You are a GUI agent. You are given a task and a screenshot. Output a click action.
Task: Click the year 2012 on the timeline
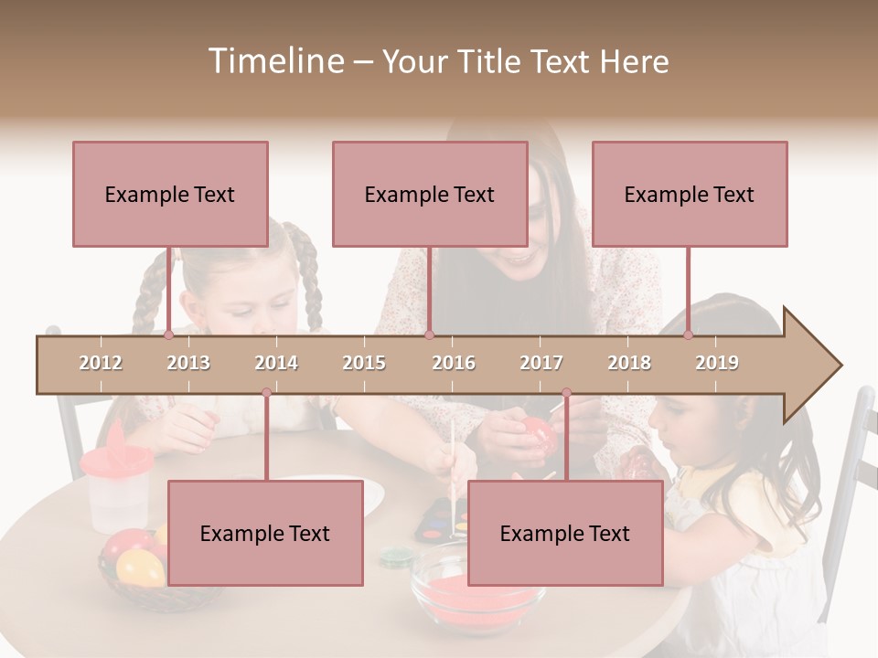101,363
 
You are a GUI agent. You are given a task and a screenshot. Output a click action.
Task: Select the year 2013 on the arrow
188,363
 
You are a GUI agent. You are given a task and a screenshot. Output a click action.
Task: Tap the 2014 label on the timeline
276,363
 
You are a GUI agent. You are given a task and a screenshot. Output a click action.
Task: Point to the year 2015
364,363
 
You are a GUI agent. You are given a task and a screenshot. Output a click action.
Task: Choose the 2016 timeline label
454,363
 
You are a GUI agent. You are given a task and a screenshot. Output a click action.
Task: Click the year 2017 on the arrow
541,363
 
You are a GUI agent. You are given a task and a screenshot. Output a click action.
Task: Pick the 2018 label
629,363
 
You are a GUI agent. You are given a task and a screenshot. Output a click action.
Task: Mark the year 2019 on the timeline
717,363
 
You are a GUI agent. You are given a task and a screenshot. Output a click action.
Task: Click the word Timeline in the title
273,61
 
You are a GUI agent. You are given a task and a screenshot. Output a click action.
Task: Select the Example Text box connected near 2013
170,194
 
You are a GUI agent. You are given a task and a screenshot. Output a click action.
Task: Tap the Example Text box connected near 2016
430,194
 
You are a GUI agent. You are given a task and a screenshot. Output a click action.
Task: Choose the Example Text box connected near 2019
690,194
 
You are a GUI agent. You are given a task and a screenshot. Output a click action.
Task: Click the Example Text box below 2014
265,533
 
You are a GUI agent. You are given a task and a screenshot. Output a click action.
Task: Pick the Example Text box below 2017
565,533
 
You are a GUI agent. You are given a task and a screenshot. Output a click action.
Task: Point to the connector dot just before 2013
168,334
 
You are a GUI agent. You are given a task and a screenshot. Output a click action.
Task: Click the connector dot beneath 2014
266,393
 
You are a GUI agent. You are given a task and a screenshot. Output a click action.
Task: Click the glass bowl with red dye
476,589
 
